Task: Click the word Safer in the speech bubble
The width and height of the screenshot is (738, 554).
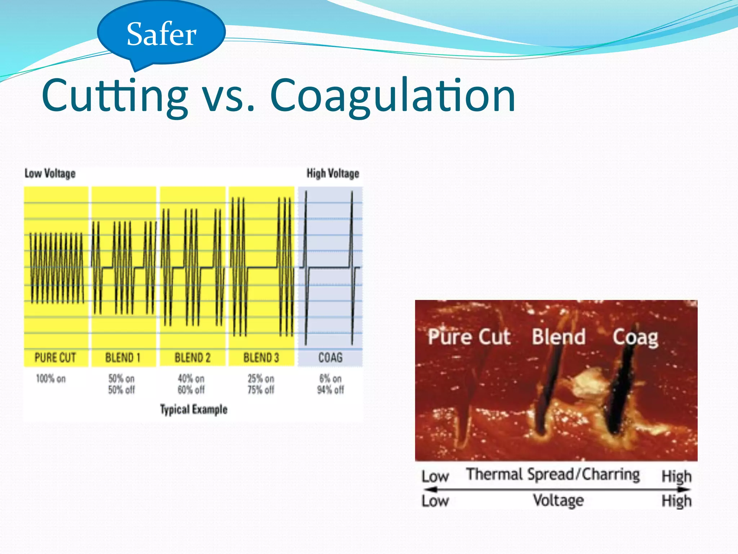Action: [x=161, y=34]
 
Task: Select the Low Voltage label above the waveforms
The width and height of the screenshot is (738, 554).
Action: [x=50, y=173]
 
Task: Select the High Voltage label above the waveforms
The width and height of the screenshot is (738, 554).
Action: [x=333, y=173]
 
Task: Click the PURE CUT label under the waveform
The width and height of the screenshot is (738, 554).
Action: [x=55, y=357]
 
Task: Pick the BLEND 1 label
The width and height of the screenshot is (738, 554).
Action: [x=123, y=357]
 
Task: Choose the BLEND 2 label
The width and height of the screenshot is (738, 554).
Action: [x=192, y=357]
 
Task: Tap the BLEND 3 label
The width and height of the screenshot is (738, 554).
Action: [x=261, y=357]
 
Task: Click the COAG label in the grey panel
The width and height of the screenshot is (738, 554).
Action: [x=330, y=357]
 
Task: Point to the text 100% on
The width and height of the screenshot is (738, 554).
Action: [x=51, y=379]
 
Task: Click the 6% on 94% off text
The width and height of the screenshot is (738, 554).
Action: [x=330, y=384]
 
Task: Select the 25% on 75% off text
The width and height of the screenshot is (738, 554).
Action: [x=261, y=384]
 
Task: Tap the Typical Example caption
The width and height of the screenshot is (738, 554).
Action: [x=194, y=409]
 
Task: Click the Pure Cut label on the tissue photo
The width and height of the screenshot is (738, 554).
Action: [x=469, y=337]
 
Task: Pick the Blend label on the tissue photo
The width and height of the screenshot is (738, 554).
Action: [x=559, y=337]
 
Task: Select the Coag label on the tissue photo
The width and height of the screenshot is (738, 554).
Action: [x=635, y=338]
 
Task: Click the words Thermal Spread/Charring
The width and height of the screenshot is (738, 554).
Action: [x=553, y=474]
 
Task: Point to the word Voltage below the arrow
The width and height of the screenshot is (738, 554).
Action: [x=558, y=501]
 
